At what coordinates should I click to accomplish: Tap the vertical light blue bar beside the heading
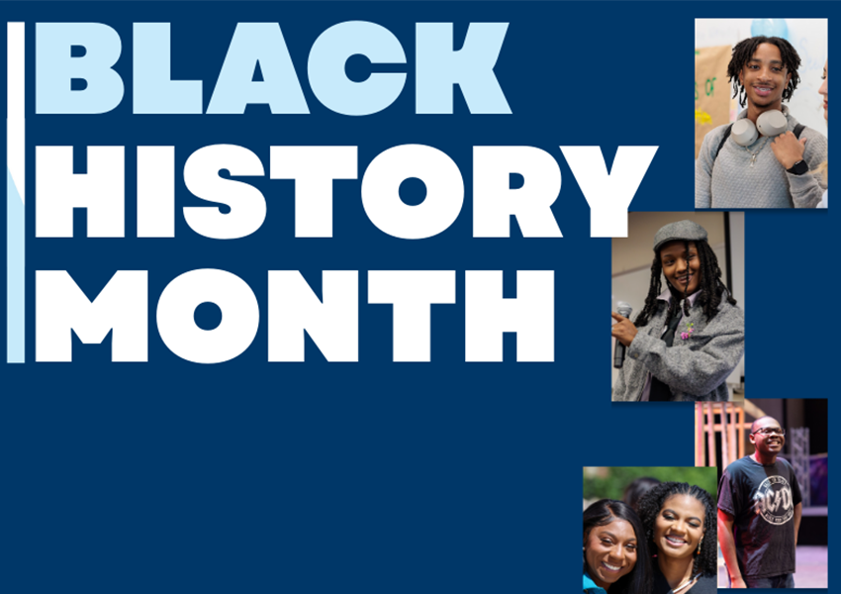point(15,193)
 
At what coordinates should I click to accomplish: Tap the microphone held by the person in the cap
point(621,332)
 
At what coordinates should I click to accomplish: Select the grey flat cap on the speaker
point(681,234)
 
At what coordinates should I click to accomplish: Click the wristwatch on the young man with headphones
point(797,166)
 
